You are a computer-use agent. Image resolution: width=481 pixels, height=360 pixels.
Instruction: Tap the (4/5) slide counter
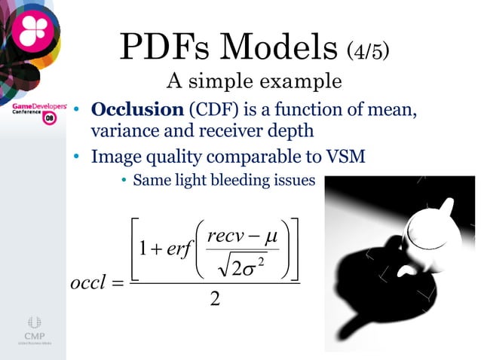pos(369,51)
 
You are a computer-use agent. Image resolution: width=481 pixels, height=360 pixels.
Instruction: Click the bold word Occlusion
pos(137,110)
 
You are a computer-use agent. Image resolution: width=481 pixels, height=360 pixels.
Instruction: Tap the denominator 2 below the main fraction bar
pos(216,301)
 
